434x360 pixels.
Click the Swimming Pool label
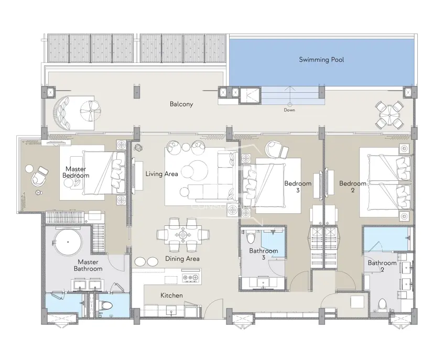click(321, 60)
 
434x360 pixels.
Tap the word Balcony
click(181, 104)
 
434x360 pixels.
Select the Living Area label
click(161, 174)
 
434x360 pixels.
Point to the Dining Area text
click(182, 259)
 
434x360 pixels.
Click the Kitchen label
click(171, 296)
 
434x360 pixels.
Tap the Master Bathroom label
click(88, 265)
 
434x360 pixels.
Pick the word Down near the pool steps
click(289, 110)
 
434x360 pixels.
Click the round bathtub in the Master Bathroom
click(68, 242)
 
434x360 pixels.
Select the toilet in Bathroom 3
click(251, 238)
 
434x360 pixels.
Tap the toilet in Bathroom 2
click(383, 304)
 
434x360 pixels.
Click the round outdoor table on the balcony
click(389, 115)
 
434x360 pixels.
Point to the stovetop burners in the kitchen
click(190, 277)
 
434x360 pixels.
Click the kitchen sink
click(171, 311)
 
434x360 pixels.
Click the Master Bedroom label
click(76, 172)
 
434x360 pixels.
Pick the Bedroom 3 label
click(298, 187)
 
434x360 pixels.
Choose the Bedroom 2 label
click(353, 187)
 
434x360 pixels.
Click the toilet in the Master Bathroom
click(106, 305)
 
